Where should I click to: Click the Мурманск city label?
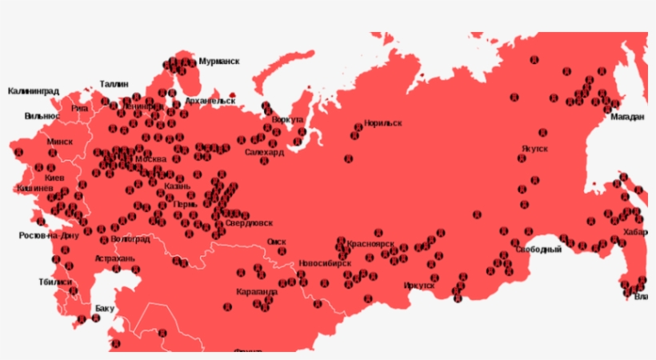click(x=218, y=61)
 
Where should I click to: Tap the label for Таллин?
click(x=114, y=83)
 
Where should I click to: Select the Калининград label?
click(x=33, y=91)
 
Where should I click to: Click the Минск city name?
click(x=59, y=142)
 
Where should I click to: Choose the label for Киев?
click(x=55, y=177)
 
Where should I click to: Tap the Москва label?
click(x=150, y=159)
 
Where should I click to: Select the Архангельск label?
click(x=210, y=102)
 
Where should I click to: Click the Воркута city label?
click(x=287, y=119)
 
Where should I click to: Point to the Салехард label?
click(x=264, y=152)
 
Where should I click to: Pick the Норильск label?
click(x=382, y=123)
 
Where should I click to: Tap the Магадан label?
click(x=627, y=117)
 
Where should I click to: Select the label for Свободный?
click(x=538, y=250)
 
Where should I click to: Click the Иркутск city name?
click(x=419, y=285)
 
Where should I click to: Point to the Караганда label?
click(x=257, y=292)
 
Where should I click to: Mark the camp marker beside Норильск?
click(x=353, y=136)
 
